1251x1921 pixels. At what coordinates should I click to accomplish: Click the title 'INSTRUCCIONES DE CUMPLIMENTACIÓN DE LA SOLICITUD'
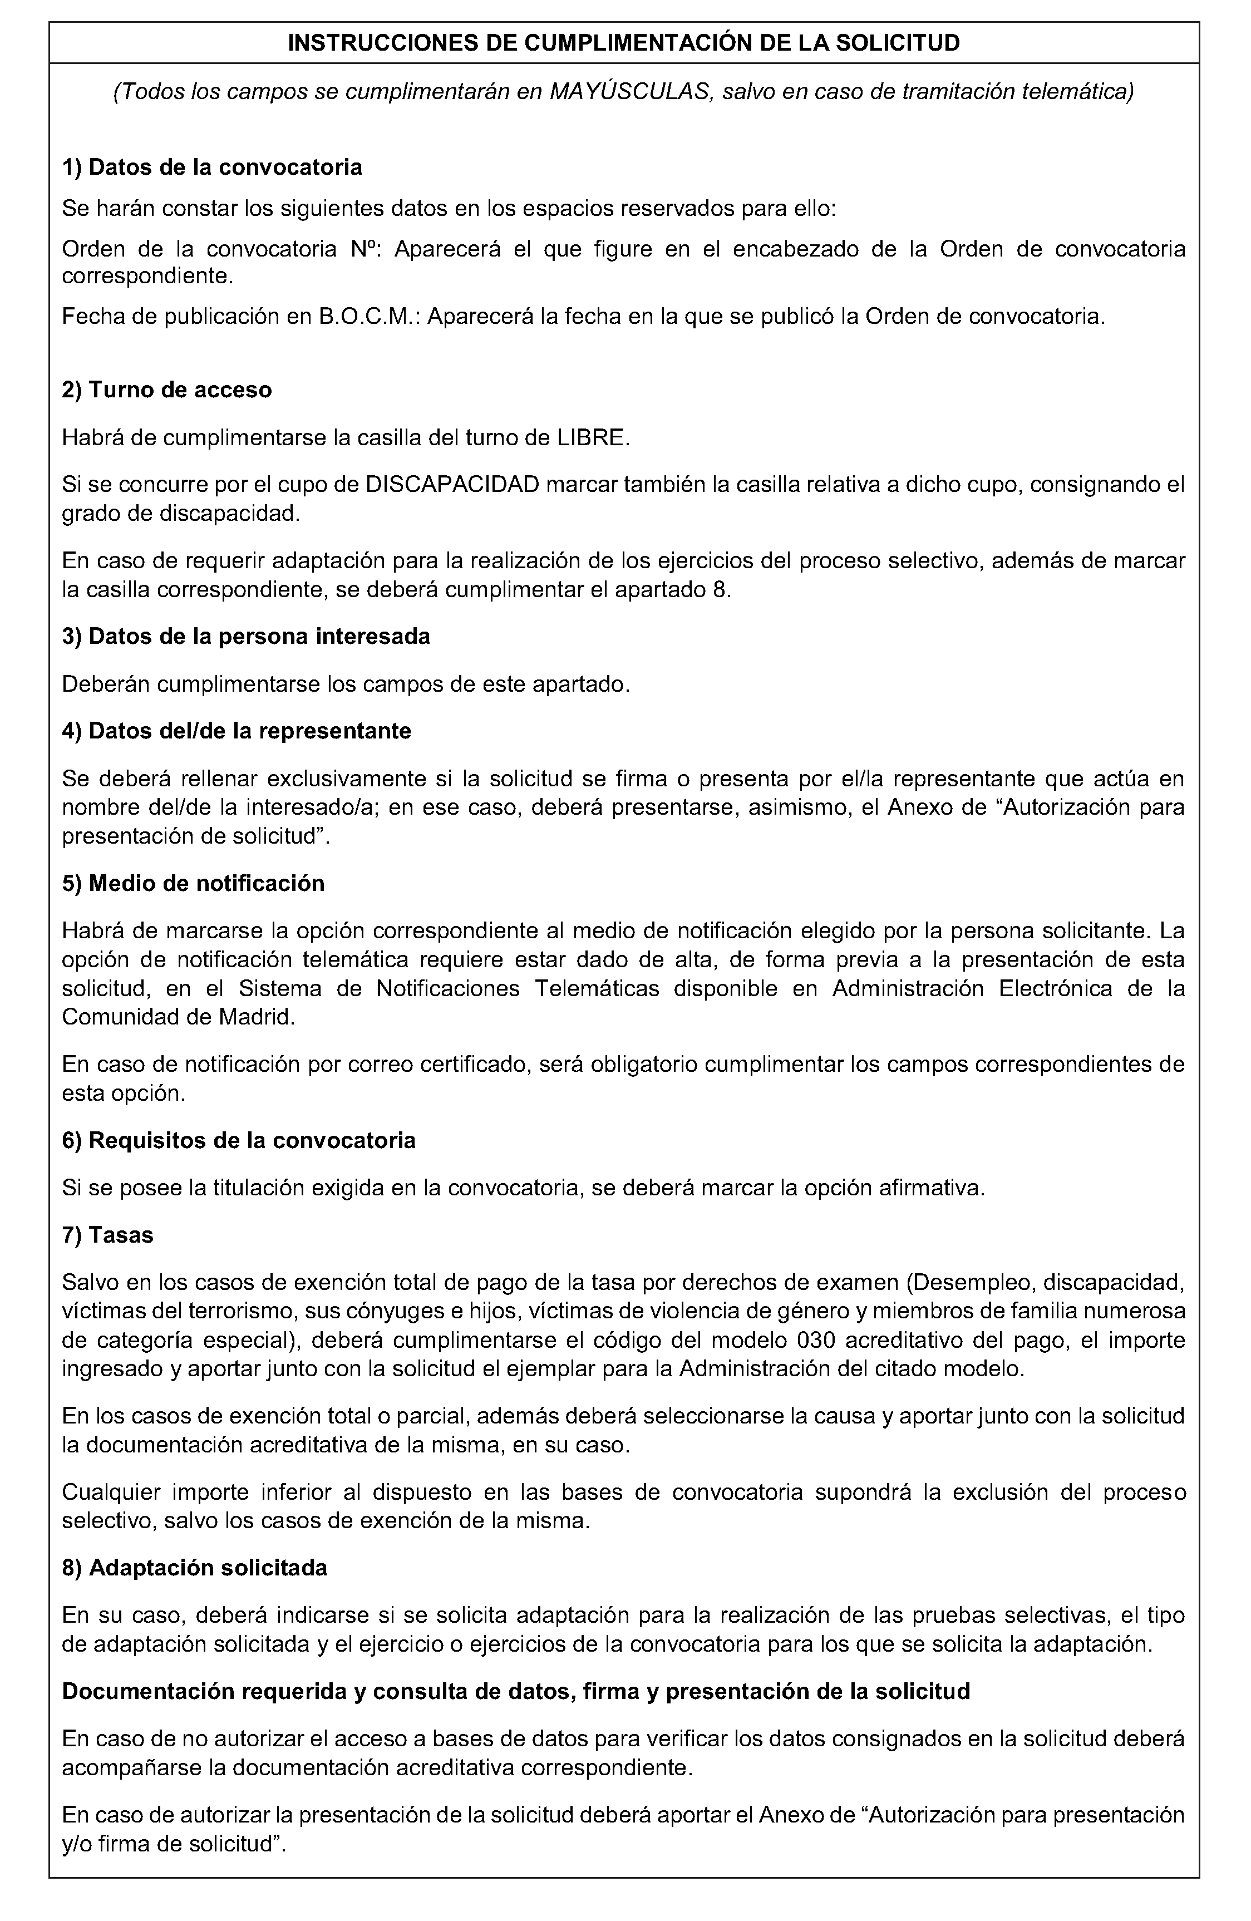(624, 43)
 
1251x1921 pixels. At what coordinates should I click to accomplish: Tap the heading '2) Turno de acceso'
(167, 390)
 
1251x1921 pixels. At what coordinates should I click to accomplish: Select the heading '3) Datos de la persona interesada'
(246, 636)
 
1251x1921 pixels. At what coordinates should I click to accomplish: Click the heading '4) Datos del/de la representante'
(237, 731)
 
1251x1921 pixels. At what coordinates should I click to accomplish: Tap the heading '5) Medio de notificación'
(194, 883)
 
